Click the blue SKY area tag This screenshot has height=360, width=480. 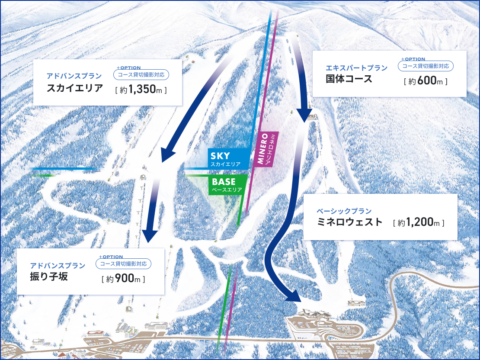tap(228, 159)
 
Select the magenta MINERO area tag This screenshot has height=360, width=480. tap(267, 148)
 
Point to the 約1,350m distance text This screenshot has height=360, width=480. tap(141, 90)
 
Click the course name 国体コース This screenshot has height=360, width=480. tap(349, 79)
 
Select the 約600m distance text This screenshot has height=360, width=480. tap(426, 81)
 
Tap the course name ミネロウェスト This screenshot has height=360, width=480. tap(349, 222)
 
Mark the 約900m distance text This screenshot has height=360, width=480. tap(123, 279)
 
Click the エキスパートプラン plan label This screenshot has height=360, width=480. tap(357, 68)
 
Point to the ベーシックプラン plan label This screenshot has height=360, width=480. tap(344, 211)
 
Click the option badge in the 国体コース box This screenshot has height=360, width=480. tap(426, 66)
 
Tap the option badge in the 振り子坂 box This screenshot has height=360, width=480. tap(124, 263)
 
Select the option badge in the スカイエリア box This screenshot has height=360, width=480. tap(141, 74)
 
